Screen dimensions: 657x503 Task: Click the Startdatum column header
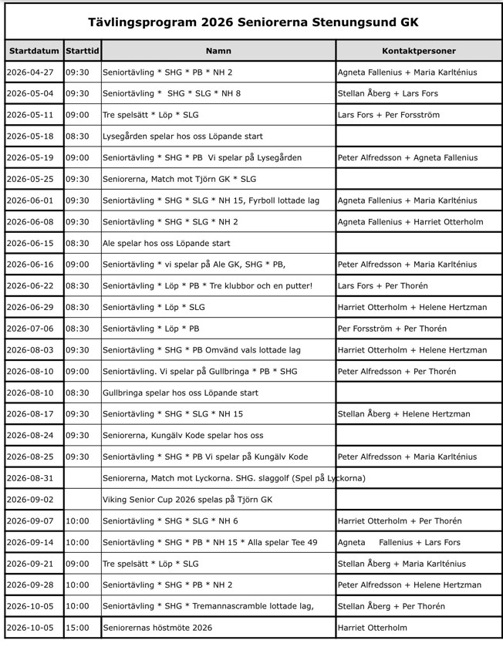click(34, 51)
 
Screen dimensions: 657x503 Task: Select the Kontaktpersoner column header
click(418, 51)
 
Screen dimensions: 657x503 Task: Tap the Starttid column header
click(82, 51)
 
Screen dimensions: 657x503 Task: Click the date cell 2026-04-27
click(30, 72)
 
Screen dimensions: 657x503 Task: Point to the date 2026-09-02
click(30, 500)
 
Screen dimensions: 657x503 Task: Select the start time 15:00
click(77, 628)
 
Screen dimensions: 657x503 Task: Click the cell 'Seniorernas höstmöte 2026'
click(157, 628)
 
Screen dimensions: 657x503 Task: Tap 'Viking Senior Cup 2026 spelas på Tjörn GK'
click(187, 500)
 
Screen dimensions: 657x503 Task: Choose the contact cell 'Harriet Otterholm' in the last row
click(372, 628)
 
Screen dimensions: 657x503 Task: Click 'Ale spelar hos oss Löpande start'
click(166, 243)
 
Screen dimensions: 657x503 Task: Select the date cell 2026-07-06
click(30, 328)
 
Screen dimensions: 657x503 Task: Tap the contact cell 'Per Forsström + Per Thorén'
click(392, 328)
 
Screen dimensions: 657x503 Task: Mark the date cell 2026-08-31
click(30, 478)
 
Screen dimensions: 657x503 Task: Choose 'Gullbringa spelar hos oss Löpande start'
click(180, 393)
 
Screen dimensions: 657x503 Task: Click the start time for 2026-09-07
click(77, 521)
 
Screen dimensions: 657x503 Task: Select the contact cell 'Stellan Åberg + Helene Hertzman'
click(403, 414)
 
